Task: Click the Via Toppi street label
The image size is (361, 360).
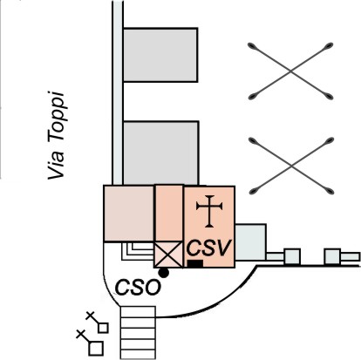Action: click(56, 136)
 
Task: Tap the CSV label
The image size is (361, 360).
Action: click(209, 248)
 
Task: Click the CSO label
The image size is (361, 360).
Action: click(138, 287)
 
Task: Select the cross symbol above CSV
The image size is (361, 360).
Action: click(209, 211)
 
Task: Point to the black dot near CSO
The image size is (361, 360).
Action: click(164, 272)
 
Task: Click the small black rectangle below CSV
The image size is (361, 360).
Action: click(195, 263)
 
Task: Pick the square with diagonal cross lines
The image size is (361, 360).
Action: click(168, 255)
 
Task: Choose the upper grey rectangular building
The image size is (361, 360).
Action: click(160, 55)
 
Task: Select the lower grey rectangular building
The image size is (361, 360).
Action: click(161, 153)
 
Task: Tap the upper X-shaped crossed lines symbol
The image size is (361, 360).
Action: click(290, 71)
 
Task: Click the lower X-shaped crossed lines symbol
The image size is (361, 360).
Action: click(291, 166)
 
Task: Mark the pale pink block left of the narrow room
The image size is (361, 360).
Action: click(129, 214)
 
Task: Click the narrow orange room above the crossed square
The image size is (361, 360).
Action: click(169, 214)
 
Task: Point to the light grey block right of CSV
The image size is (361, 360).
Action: click(250, 242)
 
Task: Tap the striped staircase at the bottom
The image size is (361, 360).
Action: click(138, 333)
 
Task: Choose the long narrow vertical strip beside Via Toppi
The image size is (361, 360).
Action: click(118, 92)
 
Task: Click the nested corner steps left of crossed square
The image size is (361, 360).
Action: click(138, 251)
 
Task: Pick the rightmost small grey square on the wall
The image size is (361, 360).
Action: click(332, 256)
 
